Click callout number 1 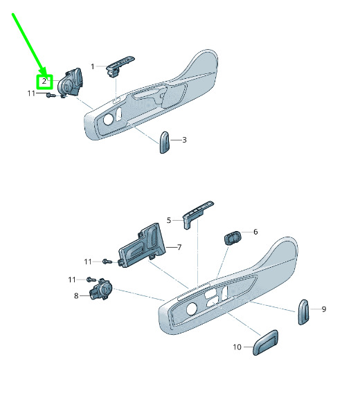[93, 66]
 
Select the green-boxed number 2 [44, 82]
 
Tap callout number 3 [184, 140]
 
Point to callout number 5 [169, 220]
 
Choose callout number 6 [255, 232]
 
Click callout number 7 [179, 247]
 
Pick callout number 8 [76, 296]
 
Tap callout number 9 [324, 309]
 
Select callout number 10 [237, 347]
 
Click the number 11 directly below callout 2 [31, 93]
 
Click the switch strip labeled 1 [120, 66]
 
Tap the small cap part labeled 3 [165, 143]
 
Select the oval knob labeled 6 [233, 237]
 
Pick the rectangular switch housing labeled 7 [142, 246]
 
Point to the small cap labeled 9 [303, 312]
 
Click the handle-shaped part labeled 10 [265, 342]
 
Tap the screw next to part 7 [107, 262]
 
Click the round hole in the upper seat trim [109, 120]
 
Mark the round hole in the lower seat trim [192, 309]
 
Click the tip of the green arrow [44, 75]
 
